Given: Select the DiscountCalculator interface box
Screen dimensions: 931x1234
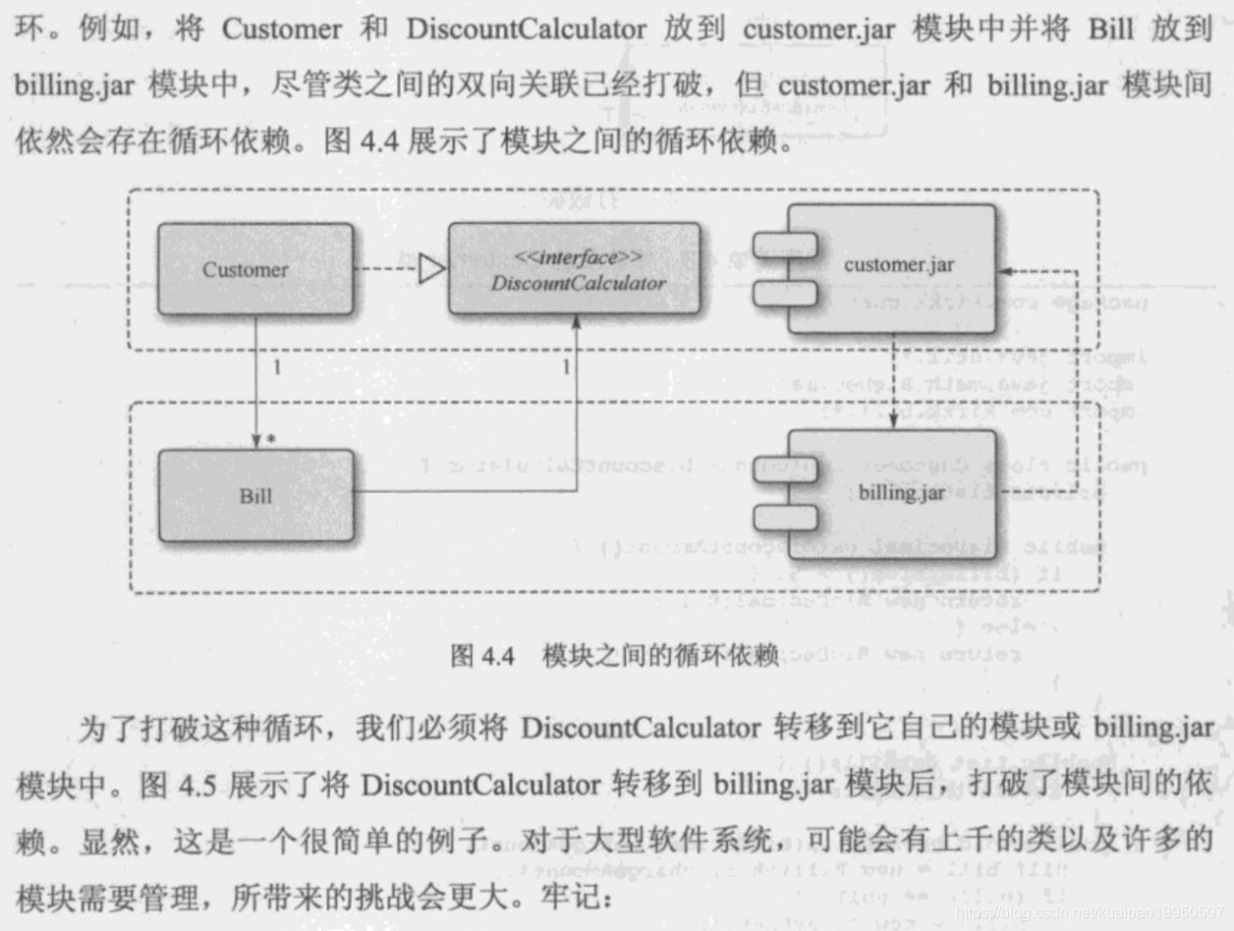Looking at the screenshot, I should tap(575, 269).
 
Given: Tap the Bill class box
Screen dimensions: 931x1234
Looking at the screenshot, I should tap(255, 495).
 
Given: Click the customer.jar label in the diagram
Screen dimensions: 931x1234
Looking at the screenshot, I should tap(898, 263).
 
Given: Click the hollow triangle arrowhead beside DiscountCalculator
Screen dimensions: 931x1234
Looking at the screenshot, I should tap(432, 269).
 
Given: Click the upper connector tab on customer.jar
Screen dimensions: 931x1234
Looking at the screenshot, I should tap(785, 244).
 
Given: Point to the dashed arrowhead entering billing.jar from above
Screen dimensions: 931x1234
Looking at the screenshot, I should tap(892, 421).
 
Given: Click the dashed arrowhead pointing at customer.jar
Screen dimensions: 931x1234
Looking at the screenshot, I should tap(1003, 269).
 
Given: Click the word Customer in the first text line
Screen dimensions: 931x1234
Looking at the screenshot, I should tap(281, 28).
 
